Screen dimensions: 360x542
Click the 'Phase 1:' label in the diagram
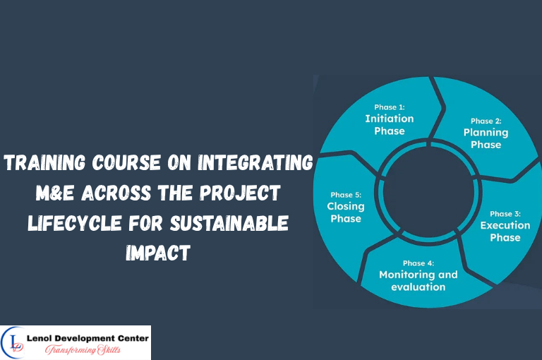(390, 107)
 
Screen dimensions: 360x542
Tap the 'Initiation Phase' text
(390, 125)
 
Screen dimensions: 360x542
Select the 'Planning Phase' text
(486, 138)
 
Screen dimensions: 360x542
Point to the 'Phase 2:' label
(486, 121)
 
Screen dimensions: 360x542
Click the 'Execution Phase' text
(505, 231)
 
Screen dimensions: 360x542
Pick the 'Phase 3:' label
(505, 214)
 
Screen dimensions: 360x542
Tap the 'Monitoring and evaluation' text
(418, 280)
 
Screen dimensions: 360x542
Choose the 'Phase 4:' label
(418, 263)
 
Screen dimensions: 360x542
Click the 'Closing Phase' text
(345, 212)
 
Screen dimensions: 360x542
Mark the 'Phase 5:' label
(345, 196)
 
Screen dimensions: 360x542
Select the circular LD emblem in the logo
(16, 342)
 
